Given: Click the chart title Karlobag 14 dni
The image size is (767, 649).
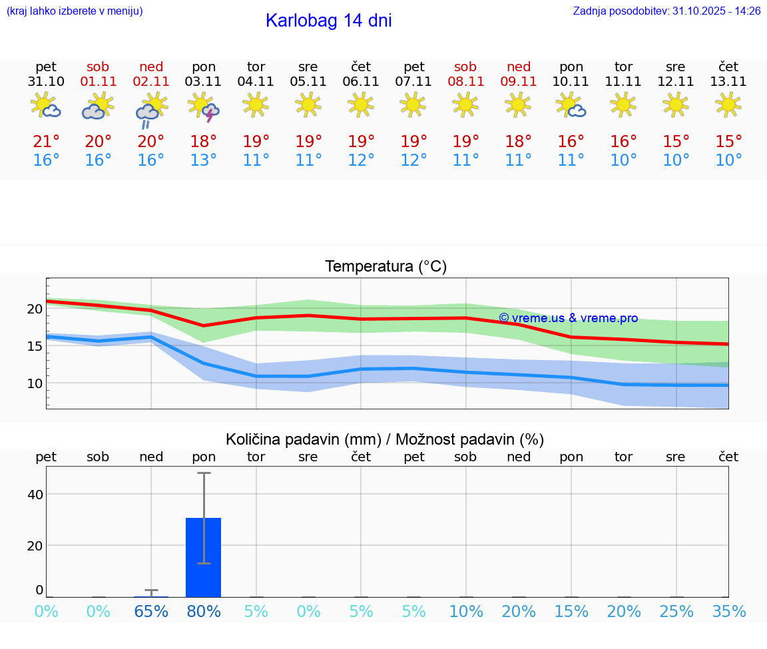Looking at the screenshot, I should pos(328,21).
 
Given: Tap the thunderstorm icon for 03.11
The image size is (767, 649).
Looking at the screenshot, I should pos(204,107).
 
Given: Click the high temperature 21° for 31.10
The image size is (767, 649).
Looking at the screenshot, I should pos(46,141).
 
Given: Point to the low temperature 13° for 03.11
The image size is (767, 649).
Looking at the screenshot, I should pos(204,160).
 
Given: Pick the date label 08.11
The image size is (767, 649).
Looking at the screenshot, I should pos(465,82).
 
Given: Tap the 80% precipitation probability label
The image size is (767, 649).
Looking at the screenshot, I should pos(204,611).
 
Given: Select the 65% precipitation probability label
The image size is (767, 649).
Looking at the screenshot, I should pos(151,611).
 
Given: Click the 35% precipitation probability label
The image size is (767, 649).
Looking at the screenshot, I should pos(728,611).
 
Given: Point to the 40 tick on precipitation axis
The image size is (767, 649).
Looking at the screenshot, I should pos(35,494).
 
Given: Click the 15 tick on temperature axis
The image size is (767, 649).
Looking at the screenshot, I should pos(35,345).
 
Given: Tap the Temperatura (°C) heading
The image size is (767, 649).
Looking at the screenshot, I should pos(385,267).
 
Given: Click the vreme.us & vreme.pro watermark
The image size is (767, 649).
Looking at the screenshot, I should pos(568,318).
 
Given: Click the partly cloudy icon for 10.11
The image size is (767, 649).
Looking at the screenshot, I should pos(571,105).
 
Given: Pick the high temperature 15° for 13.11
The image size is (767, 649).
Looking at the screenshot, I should pos(728,141).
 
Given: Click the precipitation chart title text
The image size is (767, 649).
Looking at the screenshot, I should pos(385,439).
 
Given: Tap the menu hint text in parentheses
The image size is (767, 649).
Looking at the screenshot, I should pos(75,11).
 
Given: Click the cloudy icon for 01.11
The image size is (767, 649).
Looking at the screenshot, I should pos(98,106).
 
